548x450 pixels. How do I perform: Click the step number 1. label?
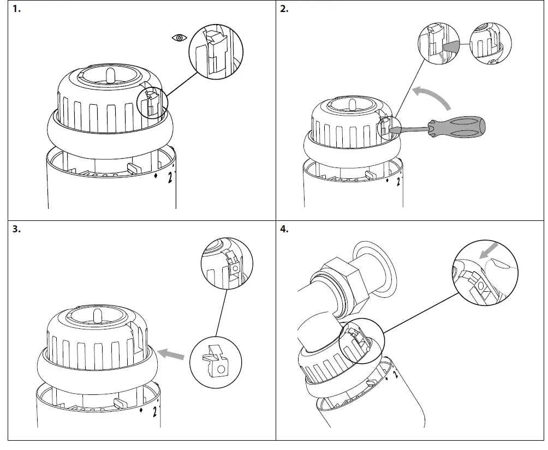pyautogui.click(x=17, y=9)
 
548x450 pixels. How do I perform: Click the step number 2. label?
pyautogui.click(x=284, y=9)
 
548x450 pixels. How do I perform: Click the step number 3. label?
pyautogui.click(x=17, y=230)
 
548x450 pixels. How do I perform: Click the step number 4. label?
pyautogui.click(x=284, y=230)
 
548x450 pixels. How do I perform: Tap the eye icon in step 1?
pyautogui.click(x=179, y=38)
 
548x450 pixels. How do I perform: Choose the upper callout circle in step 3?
pyautogui.click(x=227, y=265)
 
